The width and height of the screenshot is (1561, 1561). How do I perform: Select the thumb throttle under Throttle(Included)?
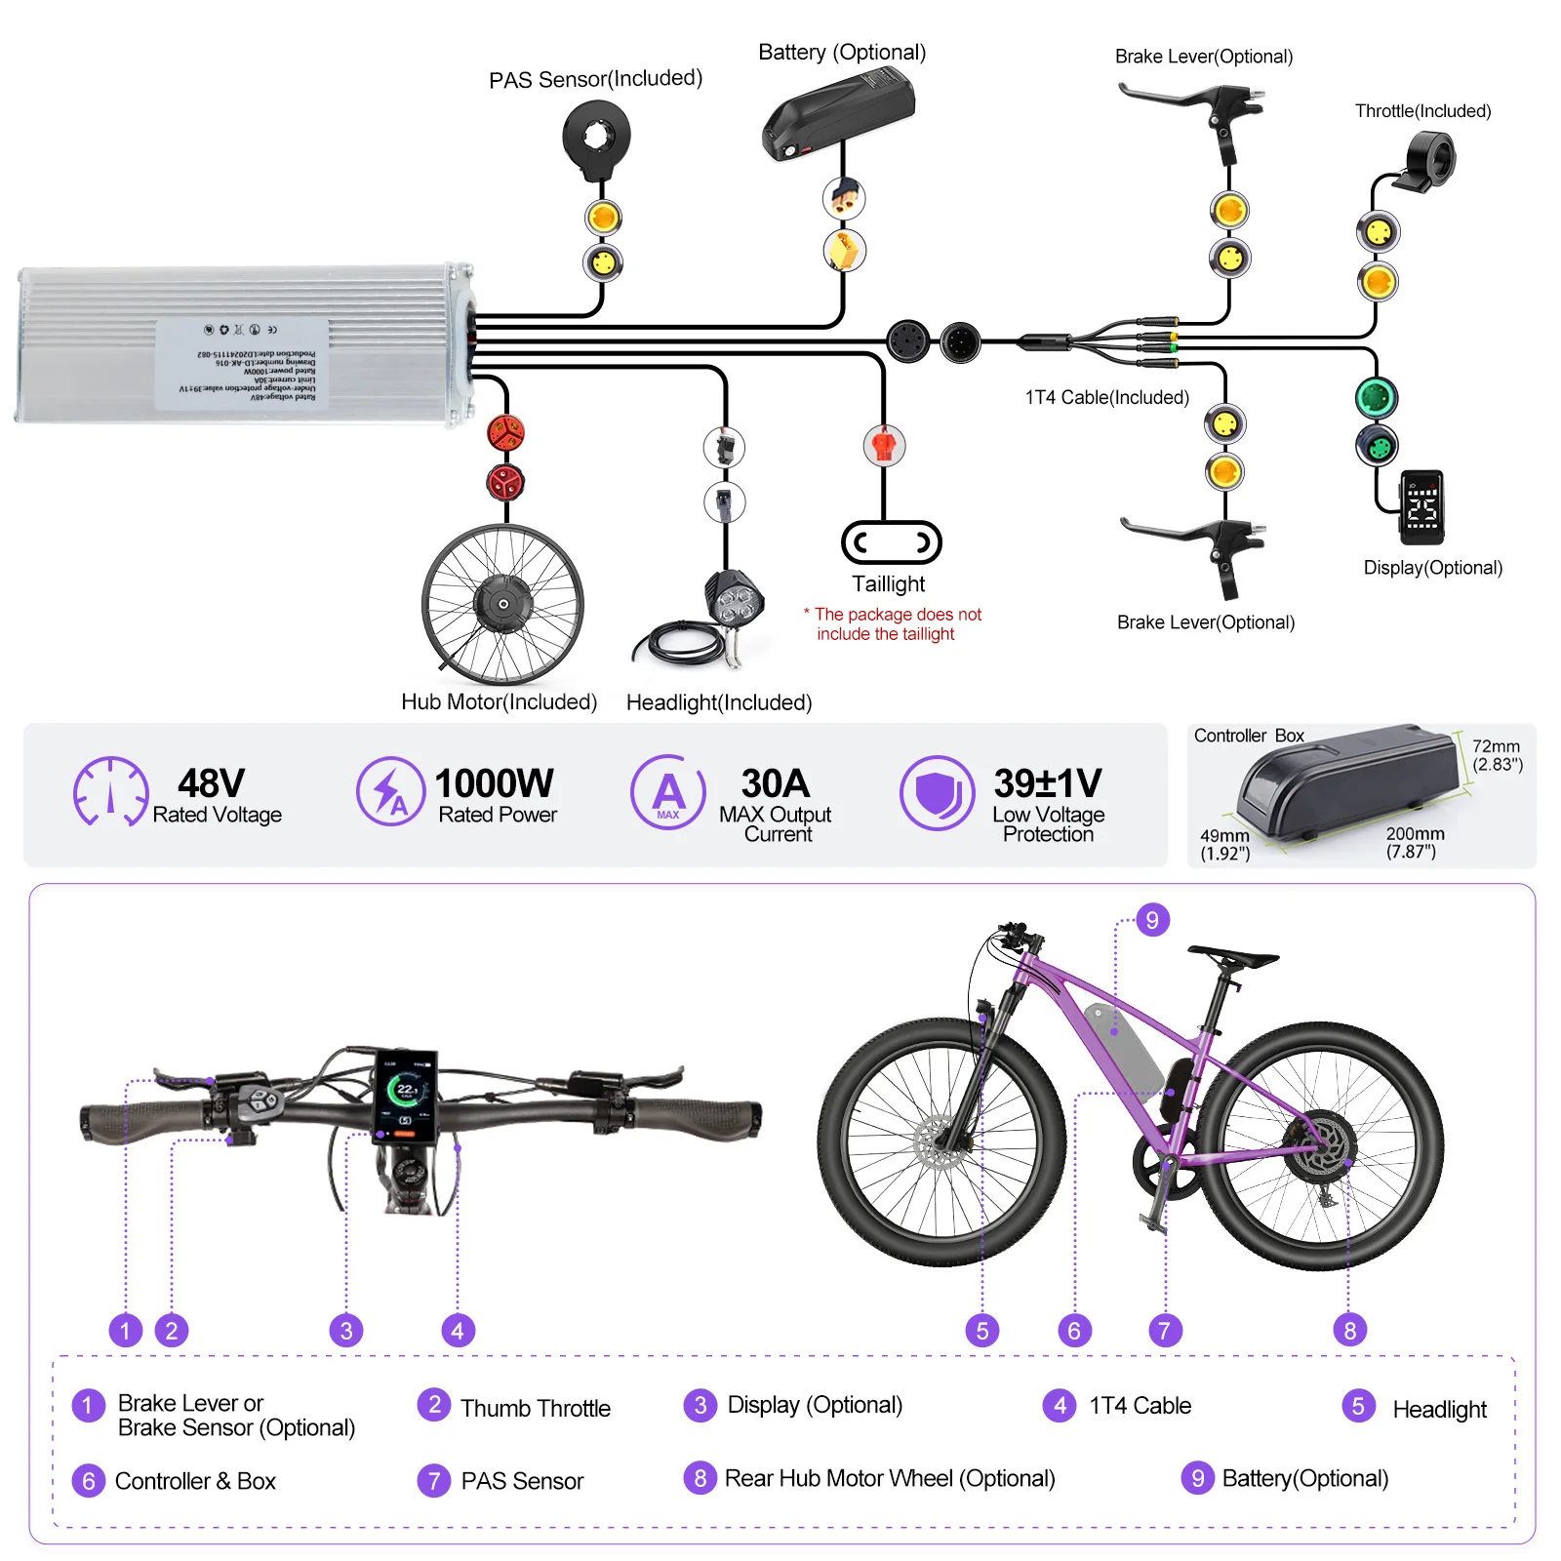tap(1428, 162)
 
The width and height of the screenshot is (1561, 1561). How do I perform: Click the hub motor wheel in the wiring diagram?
tap(502, 604)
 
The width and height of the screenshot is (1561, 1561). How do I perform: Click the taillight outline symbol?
tap(891, 542)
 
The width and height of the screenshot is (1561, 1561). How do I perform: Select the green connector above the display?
tap(1377, 398)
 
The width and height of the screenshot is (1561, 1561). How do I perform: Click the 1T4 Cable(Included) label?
tap(1106, 397)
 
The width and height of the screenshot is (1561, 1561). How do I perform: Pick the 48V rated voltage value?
tap(211, 783)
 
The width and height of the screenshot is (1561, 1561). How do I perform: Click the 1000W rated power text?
tap(494, 783)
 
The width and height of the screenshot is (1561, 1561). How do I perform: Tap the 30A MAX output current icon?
tap(668, 792)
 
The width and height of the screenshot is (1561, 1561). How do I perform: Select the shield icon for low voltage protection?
tap(937, 792)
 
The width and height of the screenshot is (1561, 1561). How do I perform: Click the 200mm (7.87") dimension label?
tap(1415, 842)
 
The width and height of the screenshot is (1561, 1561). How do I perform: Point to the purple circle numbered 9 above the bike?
tap(1152, 919)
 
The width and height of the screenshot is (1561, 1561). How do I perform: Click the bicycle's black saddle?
tap(1231, 955)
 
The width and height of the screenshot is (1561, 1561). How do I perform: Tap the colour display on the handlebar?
tap(406, 1095)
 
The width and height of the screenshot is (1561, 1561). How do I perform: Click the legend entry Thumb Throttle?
tap(535, 1408)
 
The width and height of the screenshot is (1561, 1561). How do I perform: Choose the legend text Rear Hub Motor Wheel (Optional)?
tap(889, 1478)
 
